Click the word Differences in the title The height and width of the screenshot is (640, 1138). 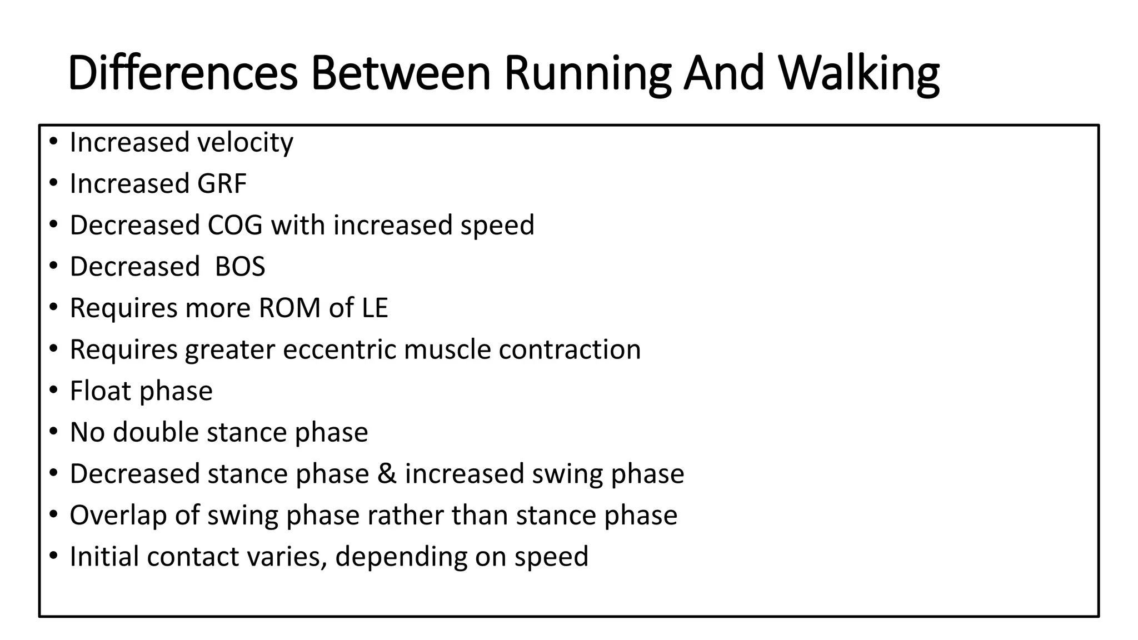pos(183,73)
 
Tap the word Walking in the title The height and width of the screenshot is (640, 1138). pos(859,73)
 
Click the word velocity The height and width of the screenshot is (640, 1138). pos(244,142)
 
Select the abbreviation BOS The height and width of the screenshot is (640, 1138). pos(239,267)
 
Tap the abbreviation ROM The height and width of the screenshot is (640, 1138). pos(290,308)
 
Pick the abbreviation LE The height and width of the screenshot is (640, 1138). pos(375,308)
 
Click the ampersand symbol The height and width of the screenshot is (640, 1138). pos(387,474)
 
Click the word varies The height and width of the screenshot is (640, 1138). pos(287,557)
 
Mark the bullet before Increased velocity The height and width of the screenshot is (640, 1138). pos(53,142)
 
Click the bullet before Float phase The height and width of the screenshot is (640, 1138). pos(53,391)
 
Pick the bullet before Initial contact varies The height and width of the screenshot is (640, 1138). pos(53,556)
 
